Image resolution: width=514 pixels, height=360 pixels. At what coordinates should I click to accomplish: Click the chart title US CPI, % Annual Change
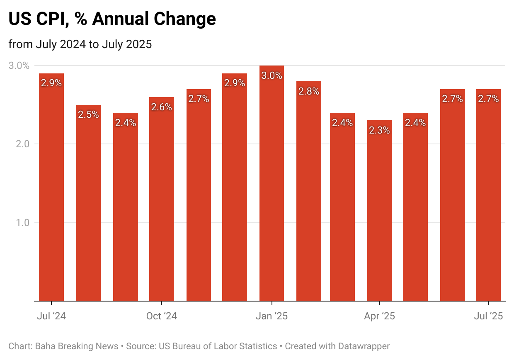click(112, 19)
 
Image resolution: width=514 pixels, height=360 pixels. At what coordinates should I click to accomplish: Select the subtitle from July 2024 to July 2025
click(80, 44)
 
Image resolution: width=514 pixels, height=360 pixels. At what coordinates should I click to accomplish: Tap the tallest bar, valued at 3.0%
click(272, 187)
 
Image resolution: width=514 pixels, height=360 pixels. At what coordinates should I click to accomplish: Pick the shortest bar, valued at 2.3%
click(379, 212)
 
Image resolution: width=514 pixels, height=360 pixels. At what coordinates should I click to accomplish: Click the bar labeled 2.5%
click(88, 203)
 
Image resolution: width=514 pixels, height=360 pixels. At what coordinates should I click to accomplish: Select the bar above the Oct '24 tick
click(162, 199)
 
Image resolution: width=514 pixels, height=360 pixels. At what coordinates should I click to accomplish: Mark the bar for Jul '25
click(488, 195)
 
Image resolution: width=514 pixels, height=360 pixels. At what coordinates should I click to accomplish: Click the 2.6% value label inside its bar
click(162, 107)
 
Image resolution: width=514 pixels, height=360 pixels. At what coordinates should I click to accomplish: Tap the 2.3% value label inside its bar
click(379, 130)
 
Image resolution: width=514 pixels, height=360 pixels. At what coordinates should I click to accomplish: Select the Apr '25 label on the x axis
click(379, 316)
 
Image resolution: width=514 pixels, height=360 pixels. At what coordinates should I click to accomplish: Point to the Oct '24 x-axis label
click(162, 316)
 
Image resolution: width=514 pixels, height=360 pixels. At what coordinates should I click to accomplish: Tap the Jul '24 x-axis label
click(51, 316)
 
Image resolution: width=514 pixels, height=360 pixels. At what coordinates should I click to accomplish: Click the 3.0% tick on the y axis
click(19, 66)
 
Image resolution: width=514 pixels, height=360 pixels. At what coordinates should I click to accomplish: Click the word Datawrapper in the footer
click(364, 346)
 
